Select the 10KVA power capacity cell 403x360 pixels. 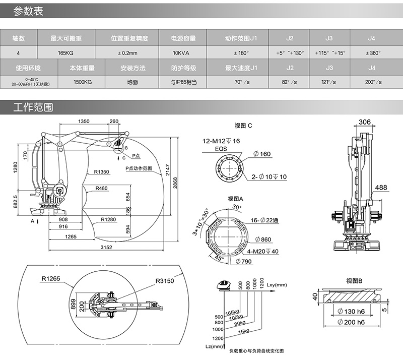click(180, 52)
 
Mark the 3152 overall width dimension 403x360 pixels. click(105, 247)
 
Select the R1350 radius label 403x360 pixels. click(101, 172)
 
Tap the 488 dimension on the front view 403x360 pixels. click(381, 187)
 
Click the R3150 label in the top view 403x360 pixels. click(164, 281)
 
